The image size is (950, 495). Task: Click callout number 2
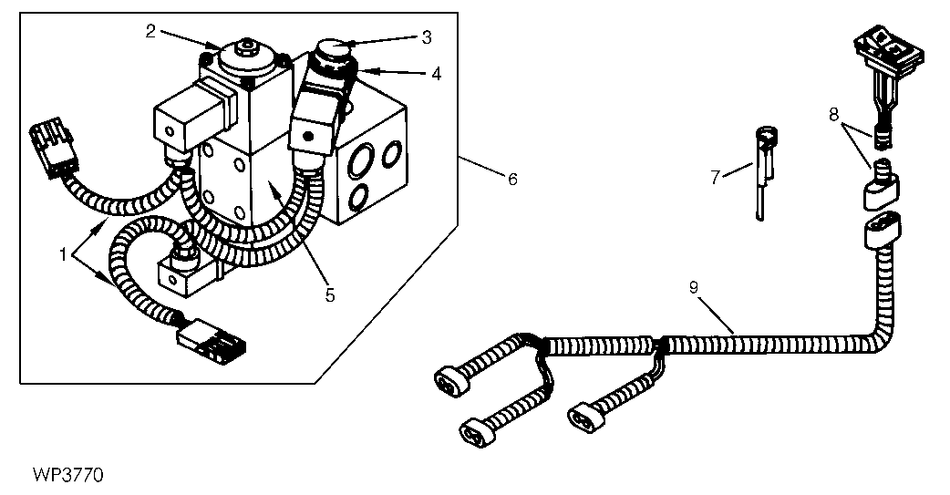click(x=150, y=31)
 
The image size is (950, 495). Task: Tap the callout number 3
click(x=427, y=37)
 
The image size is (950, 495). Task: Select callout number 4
click(x=436, y=75)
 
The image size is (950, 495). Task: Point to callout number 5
click(x=330, y=295)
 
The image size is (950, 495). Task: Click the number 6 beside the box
click(x=512, y=180)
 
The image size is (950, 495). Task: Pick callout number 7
click(x=716, y=178)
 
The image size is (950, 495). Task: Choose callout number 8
click(x=834, y=113)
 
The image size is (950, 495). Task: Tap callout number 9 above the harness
click(x=694, y=287)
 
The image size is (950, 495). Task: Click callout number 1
click(x=62, y=255)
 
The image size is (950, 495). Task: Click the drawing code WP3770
click(x=68, y=474)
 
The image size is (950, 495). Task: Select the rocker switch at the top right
click(x=888, y=47)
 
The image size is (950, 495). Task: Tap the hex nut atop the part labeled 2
click(x=246, y=45)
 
